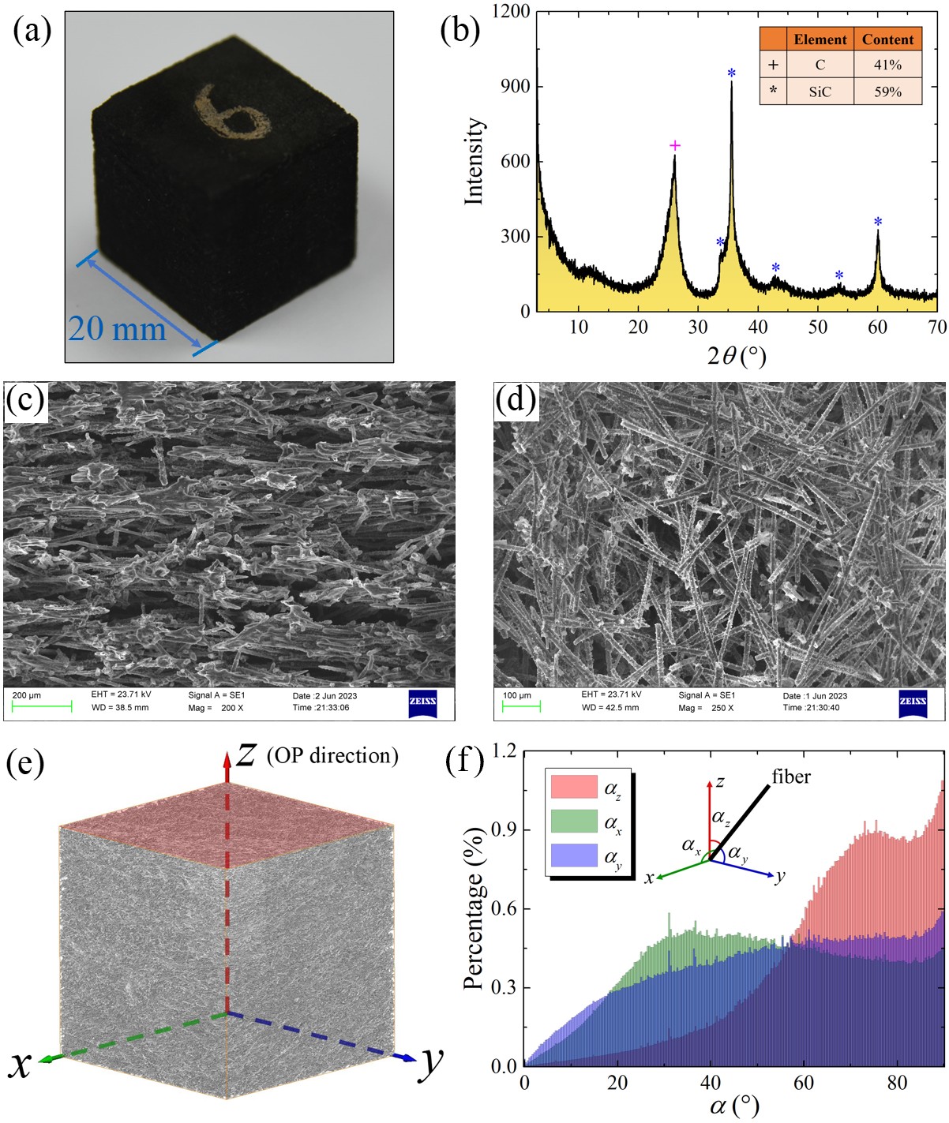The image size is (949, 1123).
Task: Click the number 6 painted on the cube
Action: click(232, 118)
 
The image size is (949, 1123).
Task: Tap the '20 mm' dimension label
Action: click(117, 328)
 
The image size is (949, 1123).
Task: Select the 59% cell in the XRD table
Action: click(887, 92)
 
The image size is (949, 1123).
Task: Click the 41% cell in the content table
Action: click(887, 65)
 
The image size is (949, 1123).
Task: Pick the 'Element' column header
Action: click(820, 39)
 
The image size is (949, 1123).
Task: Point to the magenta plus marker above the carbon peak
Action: click(674, 145)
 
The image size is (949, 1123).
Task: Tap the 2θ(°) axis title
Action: click(736, 356)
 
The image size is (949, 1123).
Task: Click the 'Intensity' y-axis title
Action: click(474, 161)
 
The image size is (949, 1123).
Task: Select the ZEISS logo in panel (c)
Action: click(422, 702)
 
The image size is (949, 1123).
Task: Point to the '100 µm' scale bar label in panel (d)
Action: click(517, 695)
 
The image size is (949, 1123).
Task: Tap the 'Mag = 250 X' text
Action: click(706, 708)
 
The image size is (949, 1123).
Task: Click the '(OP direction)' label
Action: click(332, 755)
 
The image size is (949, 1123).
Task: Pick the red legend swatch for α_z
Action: click(574, 787)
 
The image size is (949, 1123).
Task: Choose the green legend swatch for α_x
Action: click(574, 822)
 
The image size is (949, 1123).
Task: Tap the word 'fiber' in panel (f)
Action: click(791, 777)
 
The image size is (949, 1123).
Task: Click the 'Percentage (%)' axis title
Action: click(474, 908)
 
